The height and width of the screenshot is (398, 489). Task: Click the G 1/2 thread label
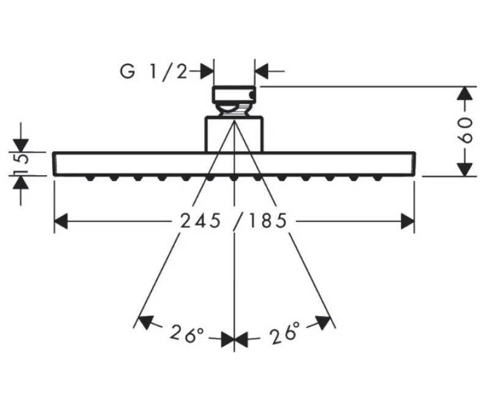(x=153, y=72)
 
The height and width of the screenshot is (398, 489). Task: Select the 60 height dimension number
(x=466, y=130)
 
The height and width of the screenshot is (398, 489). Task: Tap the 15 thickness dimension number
(x=21, y=162)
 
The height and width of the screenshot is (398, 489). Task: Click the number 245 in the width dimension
(x=200, y=221)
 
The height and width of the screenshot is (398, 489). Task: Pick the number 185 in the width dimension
(x=268, y=221)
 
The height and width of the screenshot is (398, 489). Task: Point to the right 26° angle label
(x=284, y=332)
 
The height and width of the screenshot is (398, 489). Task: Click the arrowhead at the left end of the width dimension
(x=61, y=221)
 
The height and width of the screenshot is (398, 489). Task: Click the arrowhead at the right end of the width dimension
(x=408, y=221)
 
